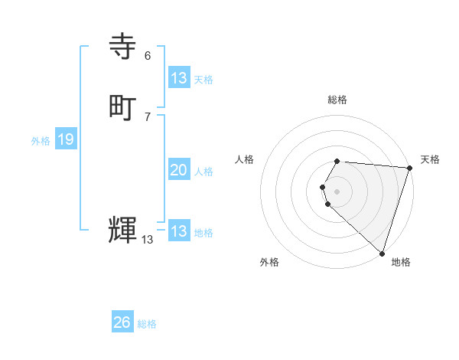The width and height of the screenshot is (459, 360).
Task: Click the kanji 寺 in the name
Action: [123, 47]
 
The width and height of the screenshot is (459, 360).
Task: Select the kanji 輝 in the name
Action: [123, 229]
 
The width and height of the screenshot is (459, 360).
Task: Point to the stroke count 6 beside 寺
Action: [148, 56]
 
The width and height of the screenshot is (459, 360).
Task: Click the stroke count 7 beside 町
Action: [148, 116]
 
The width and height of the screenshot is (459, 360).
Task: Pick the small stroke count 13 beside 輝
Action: [148, 240]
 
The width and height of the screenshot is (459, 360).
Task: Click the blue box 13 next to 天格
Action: [179, 78]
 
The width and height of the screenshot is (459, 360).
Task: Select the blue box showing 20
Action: [179, 170]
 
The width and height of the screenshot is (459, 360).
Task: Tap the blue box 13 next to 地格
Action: [179, 231]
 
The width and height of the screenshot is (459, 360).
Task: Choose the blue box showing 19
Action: [65, 139]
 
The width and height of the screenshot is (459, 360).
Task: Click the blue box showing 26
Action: [122, 322]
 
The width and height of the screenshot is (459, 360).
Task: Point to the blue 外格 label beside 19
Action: [41, 141]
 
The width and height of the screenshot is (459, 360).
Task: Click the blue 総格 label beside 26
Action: [147, 324]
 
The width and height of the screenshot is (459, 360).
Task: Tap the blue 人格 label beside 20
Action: [204, 172]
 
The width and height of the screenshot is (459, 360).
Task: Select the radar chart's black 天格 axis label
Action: [430, 159]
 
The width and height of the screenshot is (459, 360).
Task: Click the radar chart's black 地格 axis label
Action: [401, 262]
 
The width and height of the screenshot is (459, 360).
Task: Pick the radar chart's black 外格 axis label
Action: [269, 262]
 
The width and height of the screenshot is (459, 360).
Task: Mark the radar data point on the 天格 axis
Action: [409, 168]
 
